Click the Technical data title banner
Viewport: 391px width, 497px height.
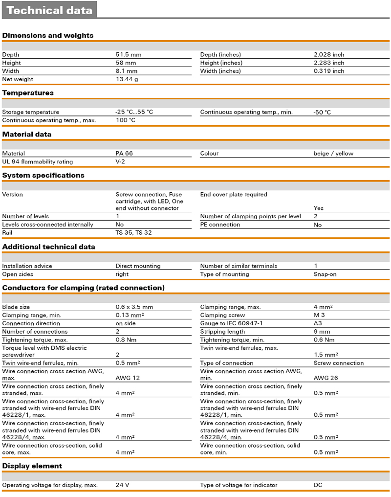tap(49, 10)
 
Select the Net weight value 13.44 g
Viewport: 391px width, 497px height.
tap(127, 79)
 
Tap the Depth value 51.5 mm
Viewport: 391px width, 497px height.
tap(129, 55)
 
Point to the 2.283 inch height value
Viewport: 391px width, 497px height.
tap(328, 63)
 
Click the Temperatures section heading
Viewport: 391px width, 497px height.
tap(28, 93)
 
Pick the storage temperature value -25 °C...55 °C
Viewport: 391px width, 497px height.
tap(134, 112)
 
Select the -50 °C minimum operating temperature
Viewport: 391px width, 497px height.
tap(322, 112)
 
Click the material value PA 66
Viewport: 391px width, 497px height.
tap(124, 154)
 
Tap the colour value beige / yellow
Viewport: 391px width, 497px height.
tap(333, 154)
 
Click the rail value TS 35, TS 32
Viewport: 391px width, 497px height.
tap(133, 233)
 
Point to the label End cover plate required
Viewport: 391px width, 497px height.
tap(234, 195)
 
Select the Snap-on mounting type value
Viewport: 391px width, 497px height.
tap(325, 274)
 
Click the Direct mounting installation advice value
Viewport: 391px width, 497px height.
tap(138, 266)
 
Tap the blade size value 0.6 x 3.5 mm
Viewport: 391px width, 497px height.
tap(134, 307)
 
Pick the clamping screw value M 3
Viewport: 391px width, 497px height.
tap(319, 316)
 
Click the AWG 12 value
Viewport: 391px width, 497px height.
tap(127, 378)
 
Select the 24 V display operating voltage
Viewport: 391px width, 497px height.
tap(122, 485)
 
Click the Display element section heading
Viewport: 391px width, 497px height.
tap(32, 466)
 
